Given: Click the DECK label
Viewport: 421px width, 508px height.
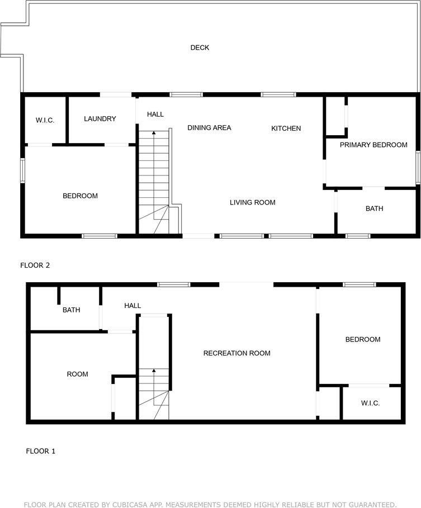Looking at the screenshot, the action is point(200,48).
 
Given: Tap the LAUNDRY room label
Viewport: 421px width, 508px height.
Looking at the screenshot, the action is point(100,119).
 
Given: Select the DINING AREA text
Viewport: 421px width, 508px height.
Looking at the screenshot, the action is point(209,127).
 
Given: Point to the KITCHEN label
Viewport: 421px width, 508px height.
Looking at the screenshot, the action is point(286,129).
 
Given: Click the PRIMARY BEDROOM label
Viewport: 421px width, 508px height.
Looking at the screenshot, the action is point(373,145).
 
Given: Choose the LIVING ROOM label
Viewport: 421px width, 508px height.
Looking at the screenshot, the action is point(253,202).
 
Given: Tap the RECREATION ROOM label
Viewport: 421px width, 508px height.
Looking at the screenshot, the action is point(236,353).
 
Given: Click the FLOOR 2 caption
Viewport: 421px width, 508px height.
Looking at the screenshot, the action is point(35,265).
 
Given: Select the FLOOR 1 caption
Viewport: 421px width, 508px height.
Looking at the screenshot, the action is point(40,451).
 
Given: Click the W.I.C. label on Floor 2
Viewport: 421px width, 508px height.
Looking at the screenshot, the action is point(45,120).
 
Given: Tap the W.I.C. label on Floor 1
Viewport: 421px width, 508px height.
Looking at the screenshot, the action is point(370,403).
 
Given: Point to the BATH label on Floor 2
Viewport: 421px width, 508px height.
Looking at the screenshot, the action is point(375,208).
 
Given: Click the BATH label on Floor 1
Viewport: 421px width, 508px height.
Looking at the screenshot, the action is point(72,310).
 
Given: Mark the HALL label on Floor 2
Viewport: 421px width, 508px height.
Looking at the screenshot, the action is point(155,115).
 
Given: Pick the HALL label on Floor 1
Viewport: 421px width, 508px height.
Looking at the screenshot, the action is point(133,306).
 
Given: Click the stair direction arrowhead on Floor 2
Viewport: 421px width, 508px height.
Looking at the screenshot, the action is point(154,132).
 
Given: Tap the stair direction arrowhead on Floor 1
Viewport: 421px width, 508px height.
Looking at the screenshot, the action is point(154,370).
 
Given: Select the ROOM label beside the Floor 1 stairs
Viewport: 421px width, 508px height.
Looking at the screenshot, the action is point(78,374).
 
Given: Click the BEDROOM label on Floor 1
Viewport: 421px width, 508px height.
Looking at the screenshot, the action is point(363,340).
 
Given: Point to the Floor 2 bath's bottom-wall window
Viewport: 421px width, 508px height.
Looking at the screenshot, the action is point(358,236).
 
